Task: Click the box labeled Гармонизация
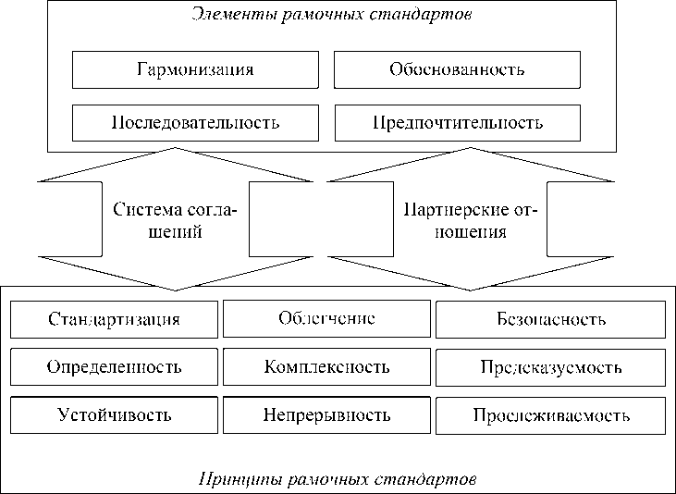[194, 69]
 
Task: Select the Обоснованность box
[457, 69]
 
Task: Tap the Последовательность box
[194, 122]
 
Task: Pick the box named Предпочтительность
[457, 122]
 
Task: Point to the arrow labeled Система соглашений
[176, 220]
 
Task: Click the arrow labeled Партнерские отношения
[470, 220]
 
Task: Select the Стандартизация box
[114, 320]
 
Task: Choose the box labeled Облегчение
[326, 319]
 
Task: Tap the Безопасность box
[550, 320]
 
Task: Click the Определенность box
[114, 367]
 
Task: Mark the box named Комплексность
[326, 367]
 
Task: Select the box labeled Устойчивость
[114, 414]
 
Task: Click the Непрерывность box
[326, 414]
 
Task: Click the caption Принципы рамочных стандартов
[338, 480]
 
